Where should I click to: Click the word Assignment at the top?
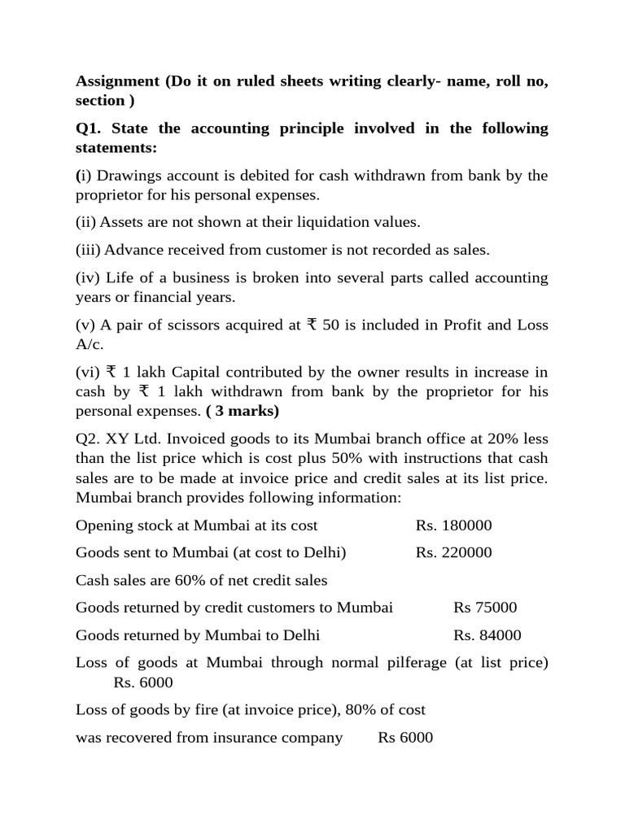[115, 82]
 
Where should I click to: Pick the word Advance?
[133, 250]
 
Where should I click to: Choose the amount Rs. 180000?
[453, 526]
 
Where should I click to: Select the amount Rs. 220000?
[453, 553]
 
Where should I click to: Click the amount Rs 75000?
[485, 608]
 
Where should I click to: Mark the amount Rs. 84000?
[487, 635]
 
